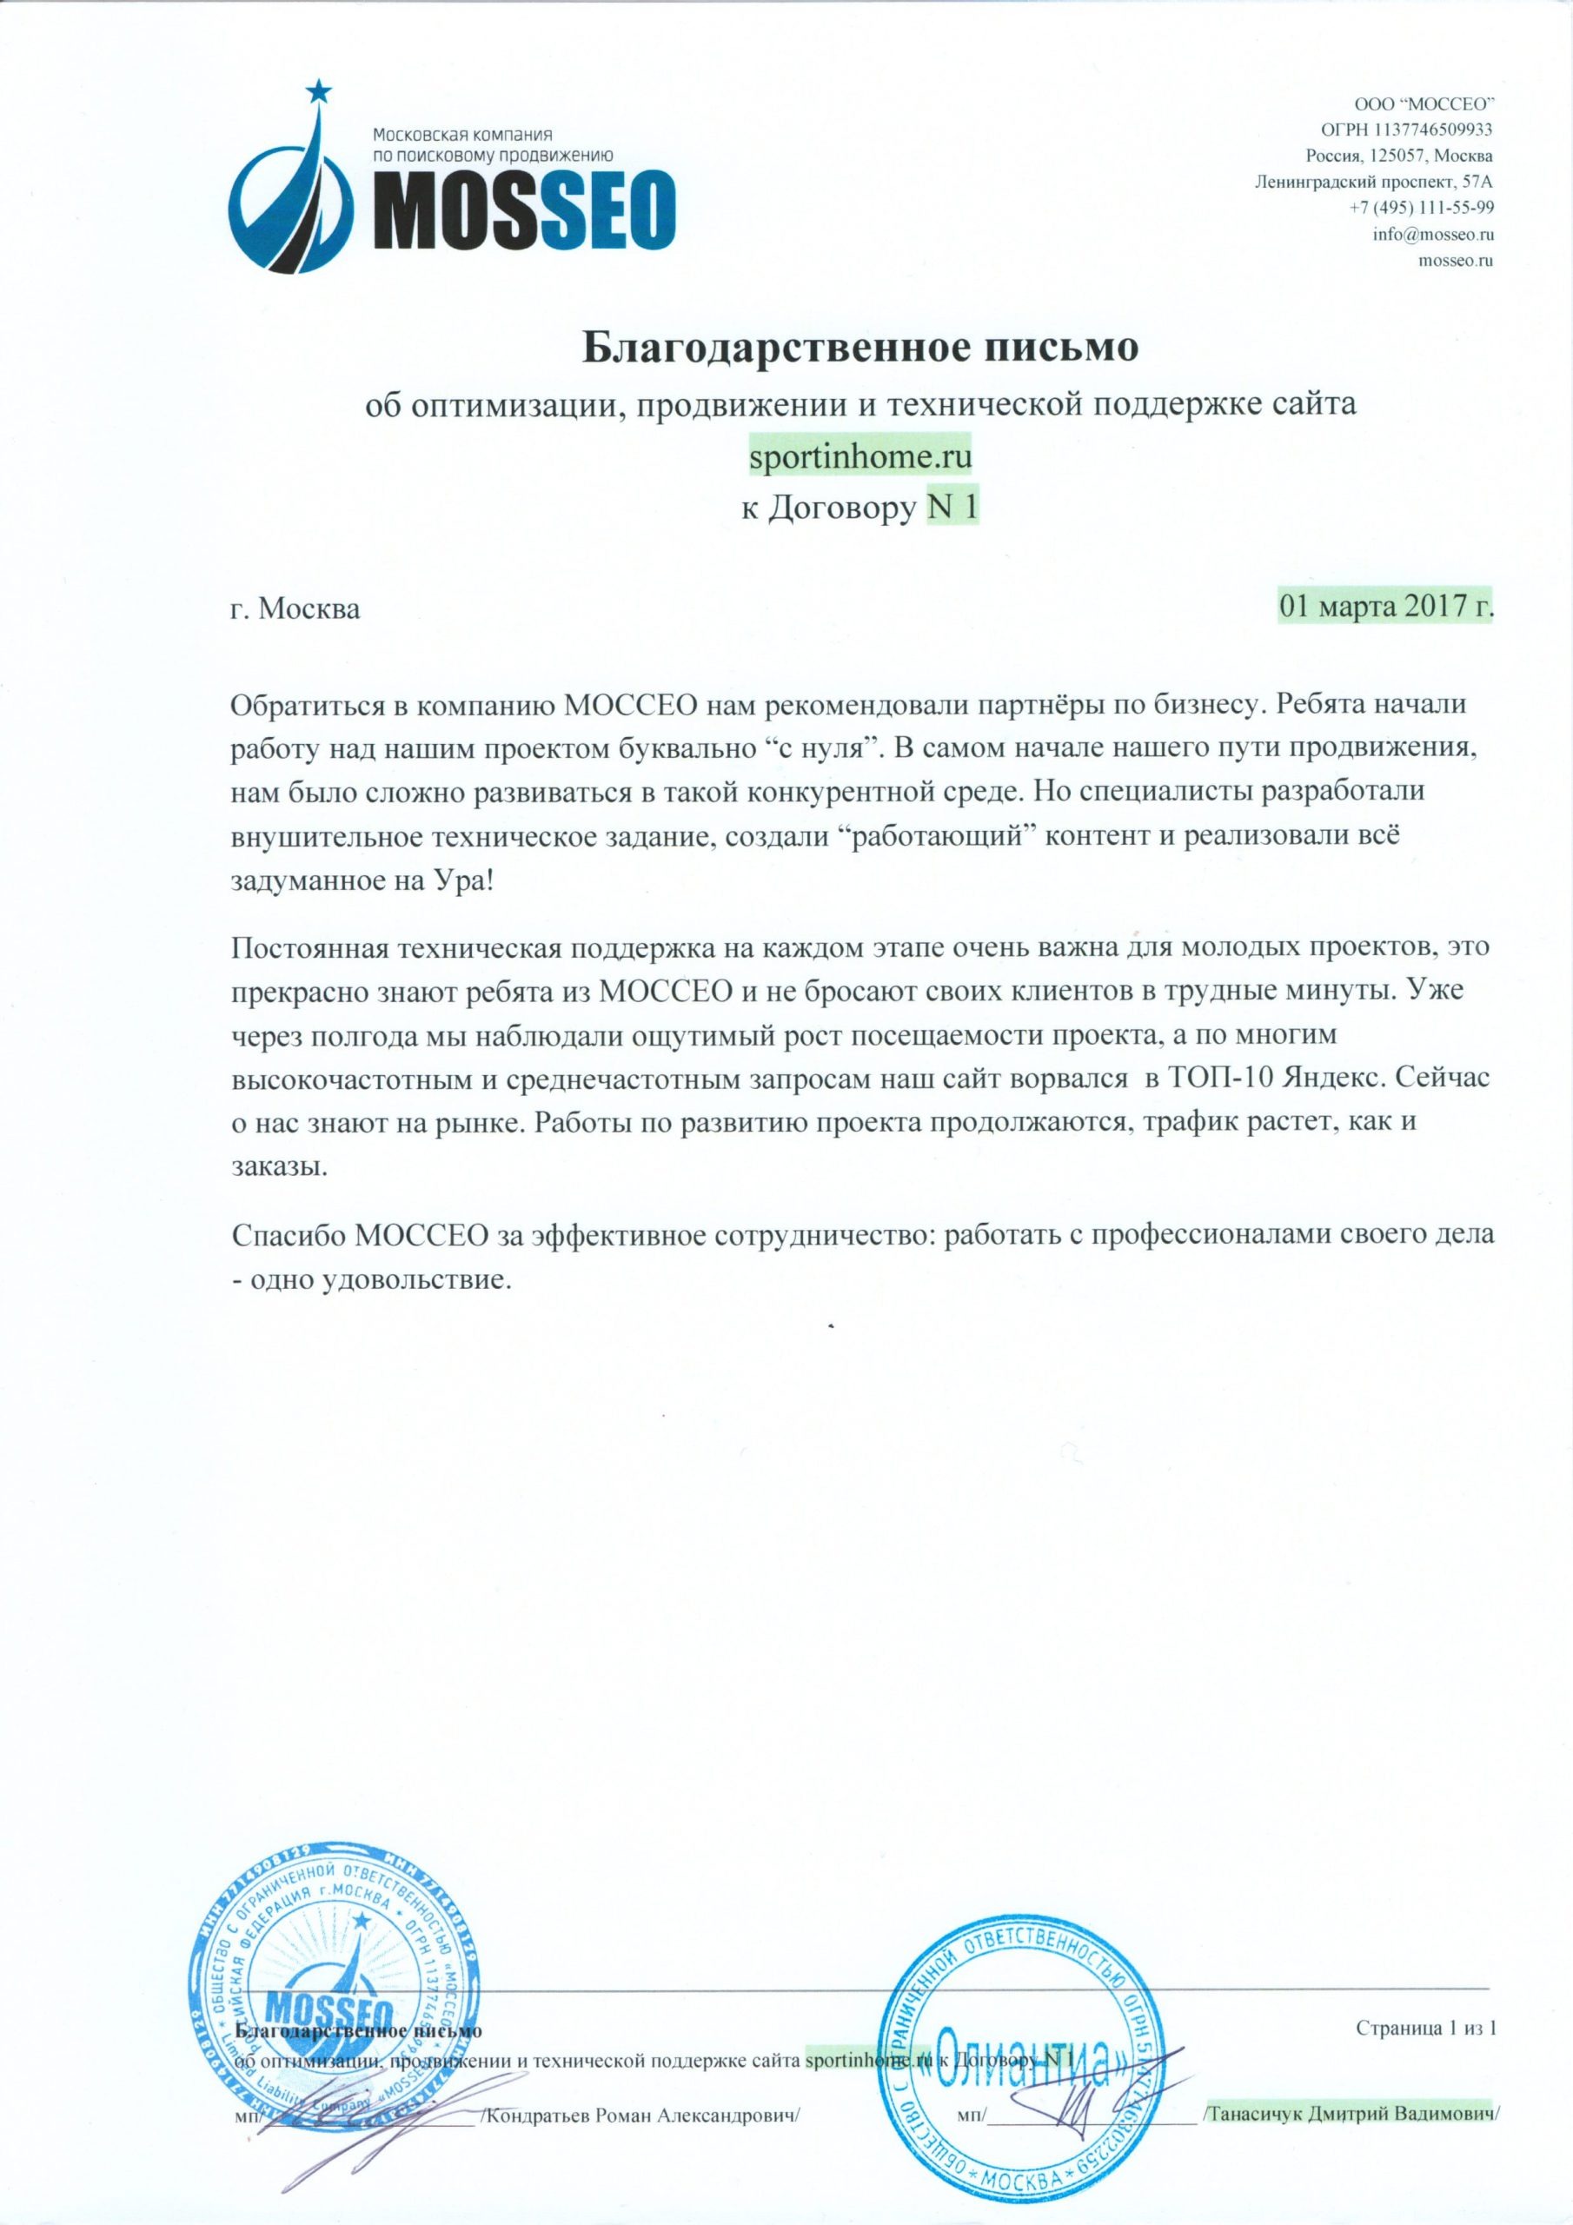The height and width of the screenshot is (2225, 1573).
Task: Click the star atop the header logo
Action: click(x=318, y=93)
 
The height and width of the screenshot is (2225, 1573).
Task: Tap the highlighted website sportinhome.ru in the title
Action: click(x=860, y=455)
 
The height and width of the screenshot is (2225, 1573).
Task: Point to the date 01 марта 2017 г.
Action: click(x=1386, y=608)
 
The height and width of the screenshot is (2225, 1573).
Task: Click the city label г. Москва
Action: click(x=296, y=610)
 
